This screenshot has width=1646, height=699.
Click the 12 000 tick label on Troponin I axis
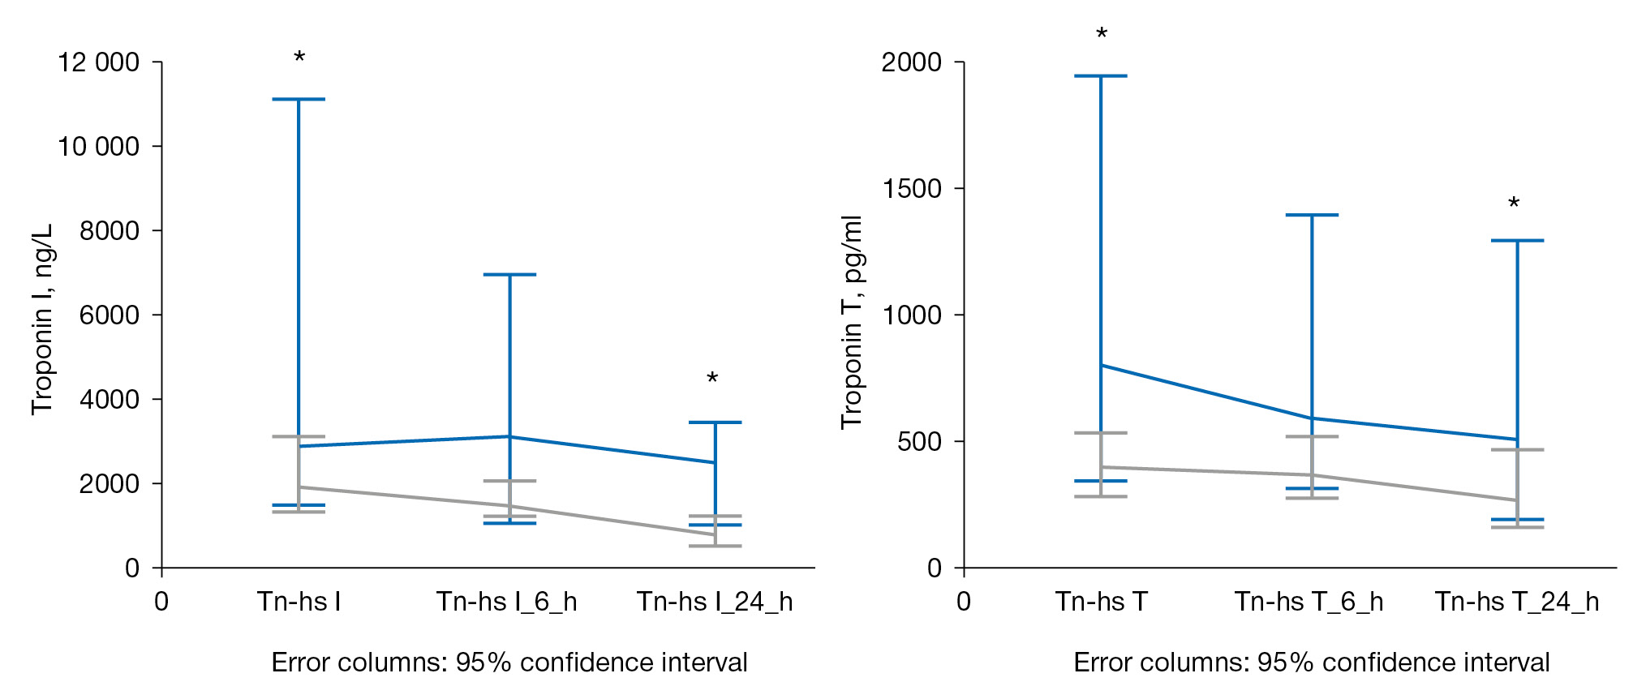(98, 62)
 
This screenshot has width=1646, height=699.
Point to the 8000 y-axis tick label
(110, 231)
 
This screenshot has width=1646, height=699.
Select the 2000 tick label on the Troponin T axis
(912, 62)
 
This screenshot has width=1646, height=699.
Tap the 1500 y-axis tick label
(912, 189)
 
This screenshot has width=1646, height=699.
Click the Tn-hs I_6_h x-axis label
(507, 602)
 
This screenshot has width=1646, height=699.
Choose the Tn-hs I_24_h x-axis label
(715, 602)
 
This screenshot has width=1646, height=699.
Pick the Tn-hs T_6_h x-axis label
(1309, 602)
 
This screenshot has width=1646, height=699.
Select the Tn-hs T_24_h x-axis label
(1517, 602)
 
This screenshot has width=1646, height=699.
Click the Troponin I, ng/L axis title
(42, 319)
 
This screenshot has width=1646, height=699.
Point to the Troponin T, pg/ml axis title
(852, 322)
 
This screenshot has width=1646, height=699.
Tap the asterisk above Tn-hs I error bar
(299, 58)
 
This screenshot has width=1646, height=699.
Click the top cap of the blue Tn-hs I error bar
(299, 99)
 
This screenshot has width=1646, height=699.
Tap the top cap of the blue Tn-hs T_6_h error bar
(1312, 215)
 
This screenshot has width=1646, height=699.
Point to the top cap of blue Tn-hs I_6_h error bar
(509, 275)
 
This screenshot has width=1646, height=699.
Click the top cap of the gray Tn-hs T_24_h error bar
(1517, 450)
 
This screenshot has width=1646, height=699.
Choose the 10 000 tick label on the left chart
(98, 147)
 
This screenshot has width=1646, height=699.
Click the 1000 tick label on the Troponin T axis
(912, 315)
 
